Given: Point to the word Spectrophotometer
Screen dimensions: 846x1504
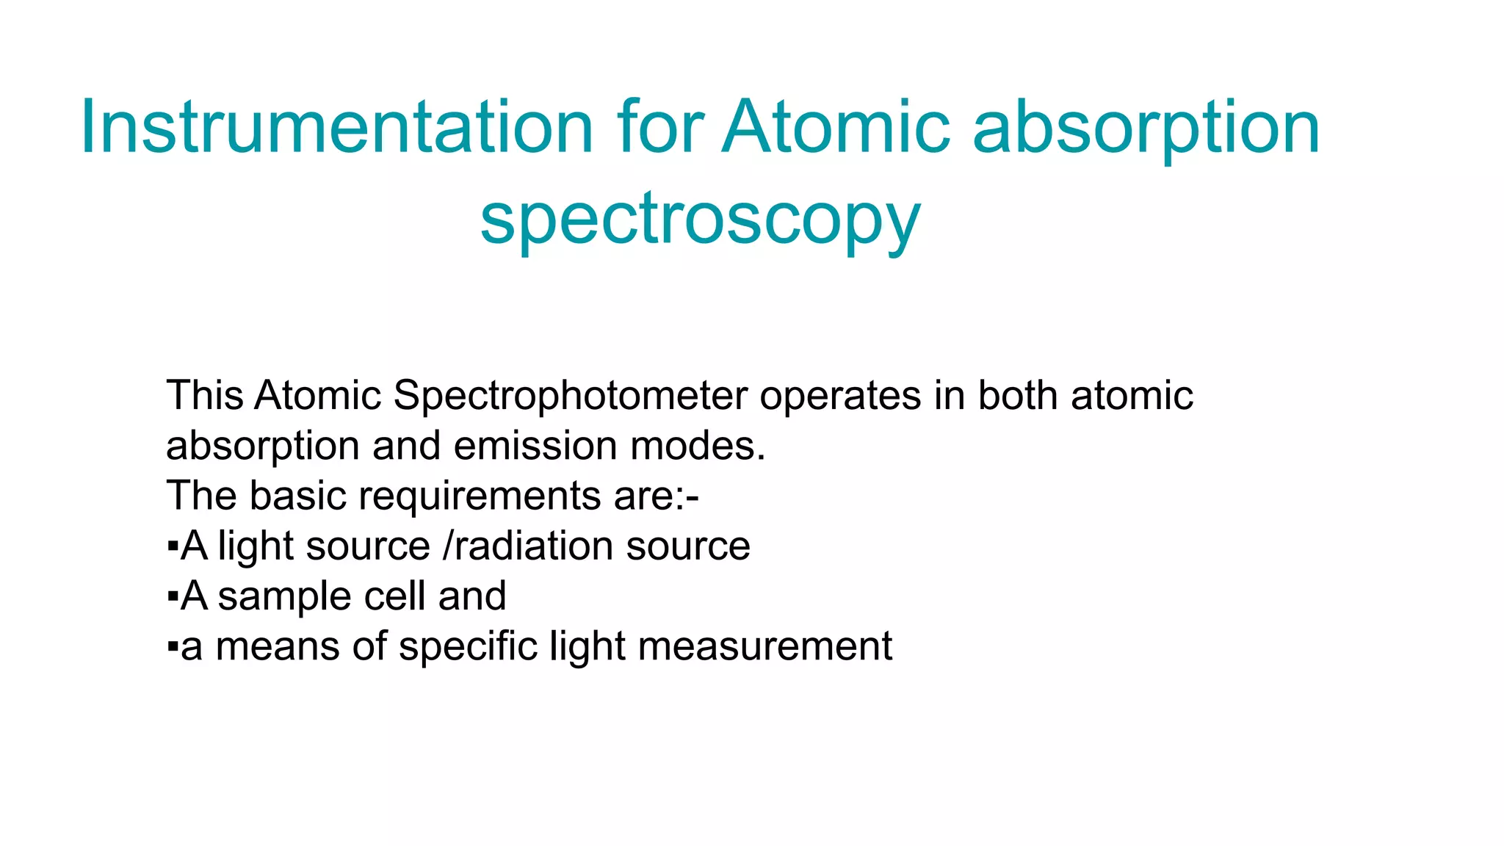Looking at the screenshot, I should click(571, 396).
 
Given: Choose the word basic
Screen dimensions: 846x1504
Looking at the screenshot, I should click(299, 496).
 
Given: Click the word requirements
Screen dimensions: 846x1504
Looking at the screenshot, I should click(480, 497).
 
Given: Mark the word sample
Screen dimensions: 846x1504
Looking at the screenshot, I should click(284, 597).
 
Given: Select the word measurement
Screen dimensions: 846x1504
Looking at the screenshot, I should click(765, 647).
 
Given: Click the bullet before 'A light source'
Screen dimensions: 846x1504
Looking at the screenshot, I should click(173, 547).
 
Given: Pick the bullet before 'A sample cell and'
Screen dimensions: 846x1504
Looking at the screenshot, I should click(173, 597).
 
